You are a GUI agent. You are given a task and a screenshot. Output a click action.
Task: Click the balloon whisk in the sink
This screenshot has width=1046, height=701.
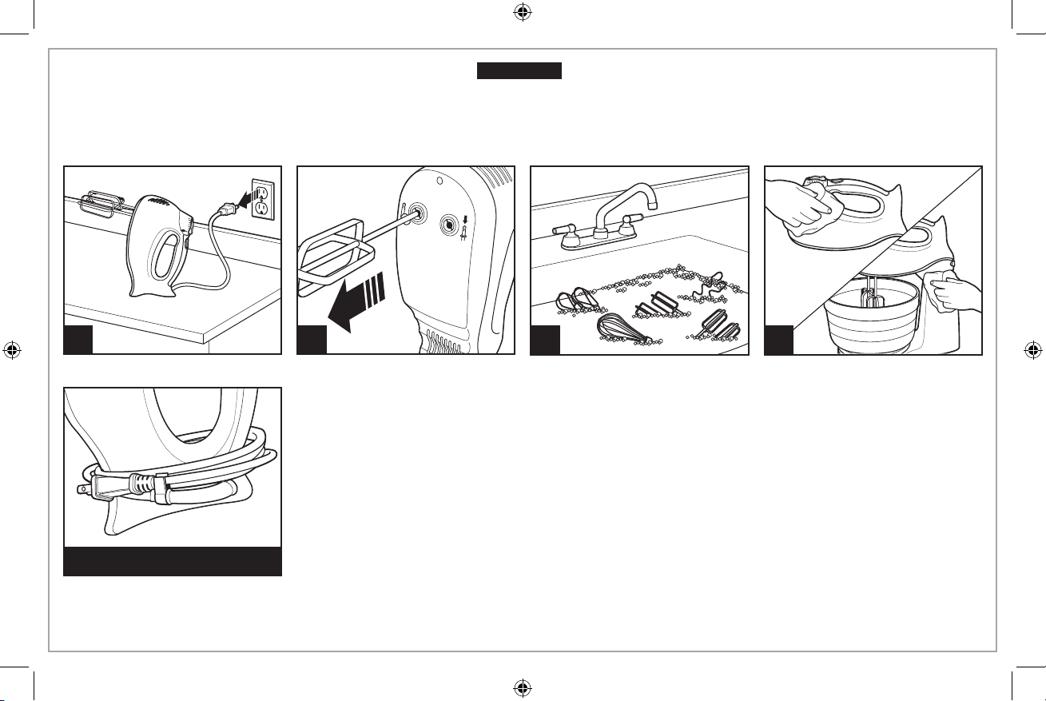(619, 327)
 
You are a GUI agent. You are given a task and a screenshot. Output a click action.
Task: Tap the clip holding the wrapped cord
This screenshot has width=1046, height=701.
(159, 489)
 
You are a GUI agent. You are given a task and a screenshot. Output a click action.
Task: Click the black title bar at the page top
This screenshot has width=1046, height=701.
(519, 71)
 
